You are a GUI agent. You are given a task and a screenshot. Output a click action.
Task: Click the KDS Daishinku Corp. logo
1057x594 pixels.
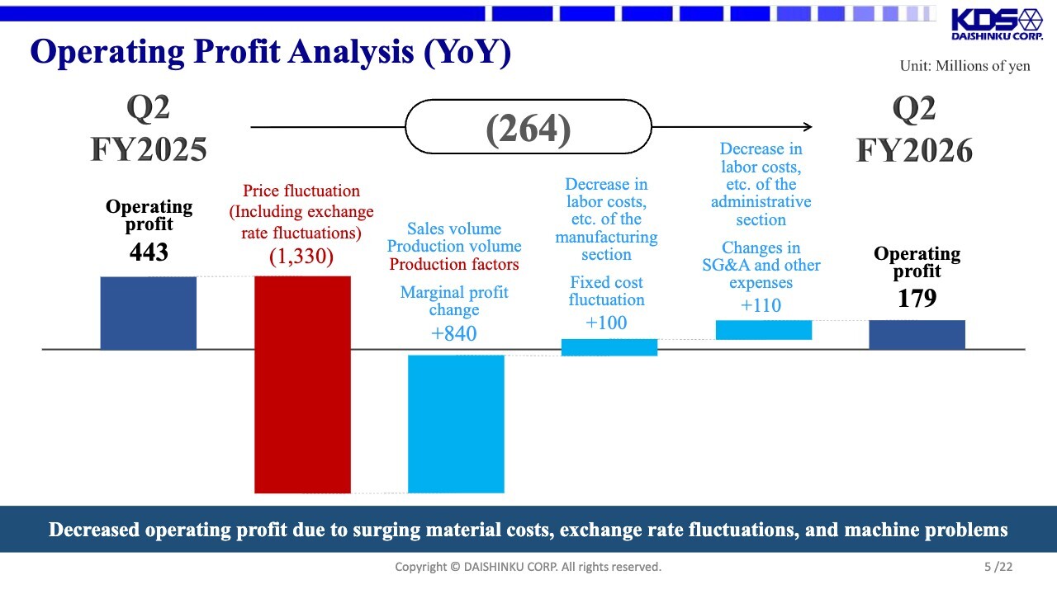coord(996,25)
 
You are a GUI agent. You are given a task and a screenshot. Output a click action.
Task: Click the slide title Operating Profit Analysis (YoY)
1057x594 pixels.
coord(271,52)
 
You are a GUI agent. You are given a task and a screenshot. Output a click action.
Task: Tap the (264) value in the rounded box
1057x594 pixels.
coord(528,129)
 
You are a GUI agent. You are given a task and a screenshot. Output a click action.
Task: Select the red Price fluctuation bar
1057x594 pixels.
coord(302,384)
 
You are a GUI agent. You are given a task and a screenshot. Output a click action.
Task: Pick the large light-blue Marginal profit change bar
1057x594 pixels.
coord(456,423)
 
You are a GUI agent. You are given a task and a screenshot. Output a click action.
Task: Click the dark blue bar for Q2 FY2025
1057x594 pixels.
coord(149,313)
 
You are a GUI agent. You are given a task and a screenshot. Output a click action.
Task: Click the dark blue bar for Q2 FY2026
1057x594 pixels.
coord(917,334)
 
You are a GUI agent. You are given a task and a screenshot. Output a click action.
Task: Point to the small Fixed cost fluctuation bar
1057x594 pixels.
coord(609,347)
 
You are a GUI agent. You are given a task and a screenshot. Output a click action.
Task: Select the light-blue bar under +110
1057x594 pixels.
coord(763,330)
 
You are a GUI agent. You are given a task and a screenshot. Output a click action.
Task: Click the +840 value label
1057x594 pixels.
coord(454,333)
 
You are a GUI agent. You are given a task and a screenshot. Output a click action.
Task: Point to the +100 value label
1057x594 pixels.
coord(606,323)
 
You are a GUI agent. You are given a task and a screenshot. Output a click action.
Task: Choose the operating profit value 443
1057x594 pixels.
coord(149,252)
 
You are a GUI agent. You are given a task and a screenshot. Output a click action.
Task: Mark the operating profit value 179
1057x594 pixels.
coord(917,298)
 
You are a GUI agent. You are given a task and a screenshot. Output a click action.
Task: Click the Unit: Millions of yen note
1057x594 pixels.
coord(965,66)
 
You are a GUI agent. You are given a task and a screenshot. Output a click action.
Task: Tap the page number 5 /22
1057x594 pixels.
coord(998,567)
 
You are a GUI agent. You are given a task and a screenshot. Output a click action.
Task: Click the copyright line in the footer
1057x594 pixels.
coord(528,567)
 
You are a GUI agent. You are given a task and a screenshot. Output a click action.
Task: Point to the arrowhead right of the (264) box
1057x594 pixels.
coord(807,127)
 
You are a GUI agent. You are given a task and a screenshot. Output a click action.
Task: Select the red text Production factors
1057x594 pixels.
coord(454,264)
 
